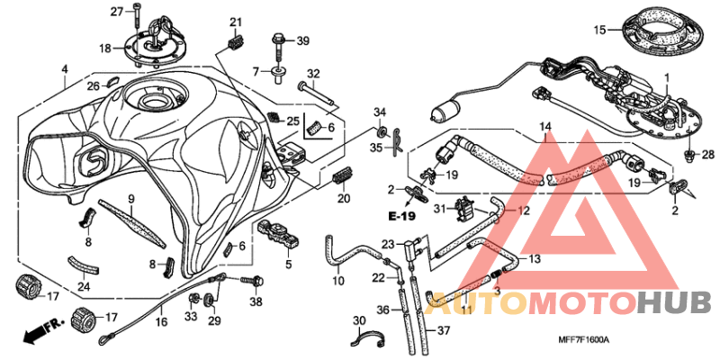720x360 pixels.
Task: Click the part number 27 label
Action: coord(117,12)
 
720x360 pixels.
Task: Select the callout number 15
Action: coord(599,31)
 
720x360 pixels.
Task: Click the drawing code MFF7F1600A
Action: coord(583,340)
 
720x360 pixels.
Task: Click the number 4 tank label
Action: coord(65,69)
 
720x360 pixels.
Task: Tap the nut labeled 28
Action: coord(690,156)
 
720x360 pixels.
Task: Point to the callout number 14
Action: coord(544,126)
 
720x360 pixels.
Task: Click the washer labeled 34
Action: coord(381,132)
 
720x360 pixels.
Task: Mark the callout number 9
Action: coord(130,199)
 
